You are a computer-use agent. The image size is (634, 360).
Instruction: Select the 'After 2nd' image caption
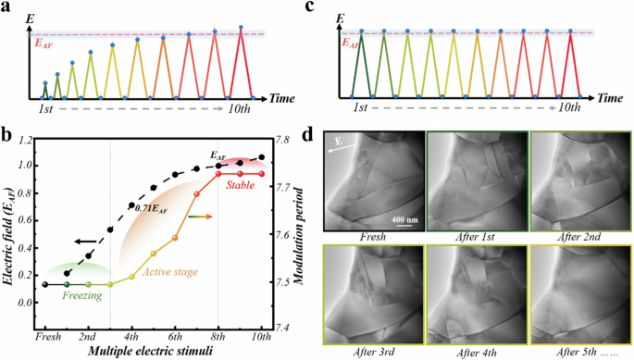pyautogui.click(x=578, y=237)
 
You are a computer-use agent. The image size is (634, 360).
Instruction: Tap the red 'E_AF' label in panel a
pyautogui.click(x=44, y=41)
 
